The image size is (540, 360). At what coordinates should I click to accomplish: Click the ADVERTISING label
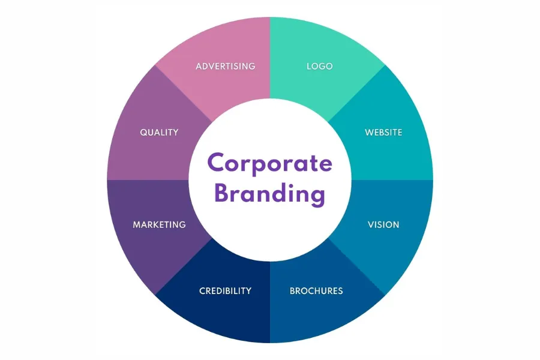225,66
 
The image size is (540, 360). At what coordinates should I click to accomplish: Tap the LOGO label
319,66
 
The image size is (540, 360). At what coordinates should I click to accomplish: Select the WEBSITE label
383,132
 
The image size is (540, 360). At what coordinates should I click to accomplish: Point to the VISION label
383,225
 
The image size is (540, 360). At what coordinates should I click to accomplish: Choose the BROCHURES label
316,291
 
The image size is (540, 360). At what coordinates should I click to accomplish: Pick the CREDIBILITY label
225,291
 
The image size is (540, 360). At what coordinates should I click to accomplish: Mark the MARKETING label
159,225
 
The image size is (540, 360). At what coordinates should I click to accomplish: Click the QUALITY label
159,132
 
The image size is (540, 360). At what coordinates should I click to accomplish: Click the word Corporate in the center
269,163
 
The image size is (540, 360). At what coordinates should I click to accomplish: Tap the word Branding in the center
269,194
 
